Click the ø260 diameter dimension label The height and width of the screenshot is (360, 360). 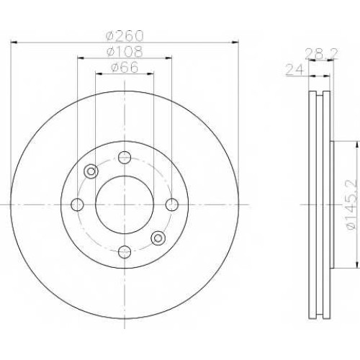[x=125, y=36]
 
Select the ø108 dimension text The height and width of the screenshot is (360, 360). [x=125, y=52]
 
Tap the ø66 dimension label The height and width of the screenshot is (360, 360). [x=125, y=67]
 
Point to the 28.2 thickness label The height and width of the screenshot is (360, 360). [x=321, y=54]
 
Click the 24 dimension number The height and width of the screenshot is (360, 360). [x=295, y=71]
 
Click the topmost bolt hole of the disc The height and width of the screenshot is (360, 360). [x=125, y=158]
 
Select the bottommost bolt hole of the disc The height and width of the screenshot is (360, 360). [x=125, y=252]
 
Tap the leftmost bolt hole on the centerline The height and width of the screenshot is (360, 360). [x=77, y=204]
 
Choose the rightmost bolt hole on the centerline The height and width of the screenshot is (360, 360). [x=172, y=204]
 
